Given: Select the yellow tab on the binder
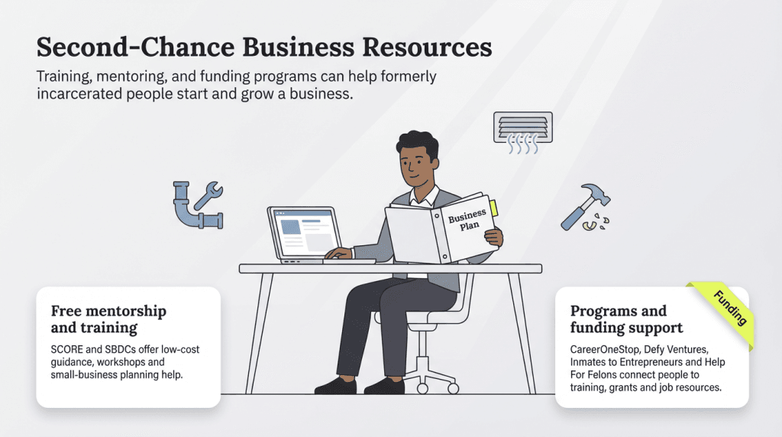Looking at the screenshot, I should pyautogui.click(x=493, y=206).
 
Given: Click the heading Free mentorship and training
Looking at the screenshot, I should pyautogui.click(x=108, y=319).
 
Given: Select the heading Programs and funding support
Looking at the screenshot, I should pyautogui.click(x=626, y=319).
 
